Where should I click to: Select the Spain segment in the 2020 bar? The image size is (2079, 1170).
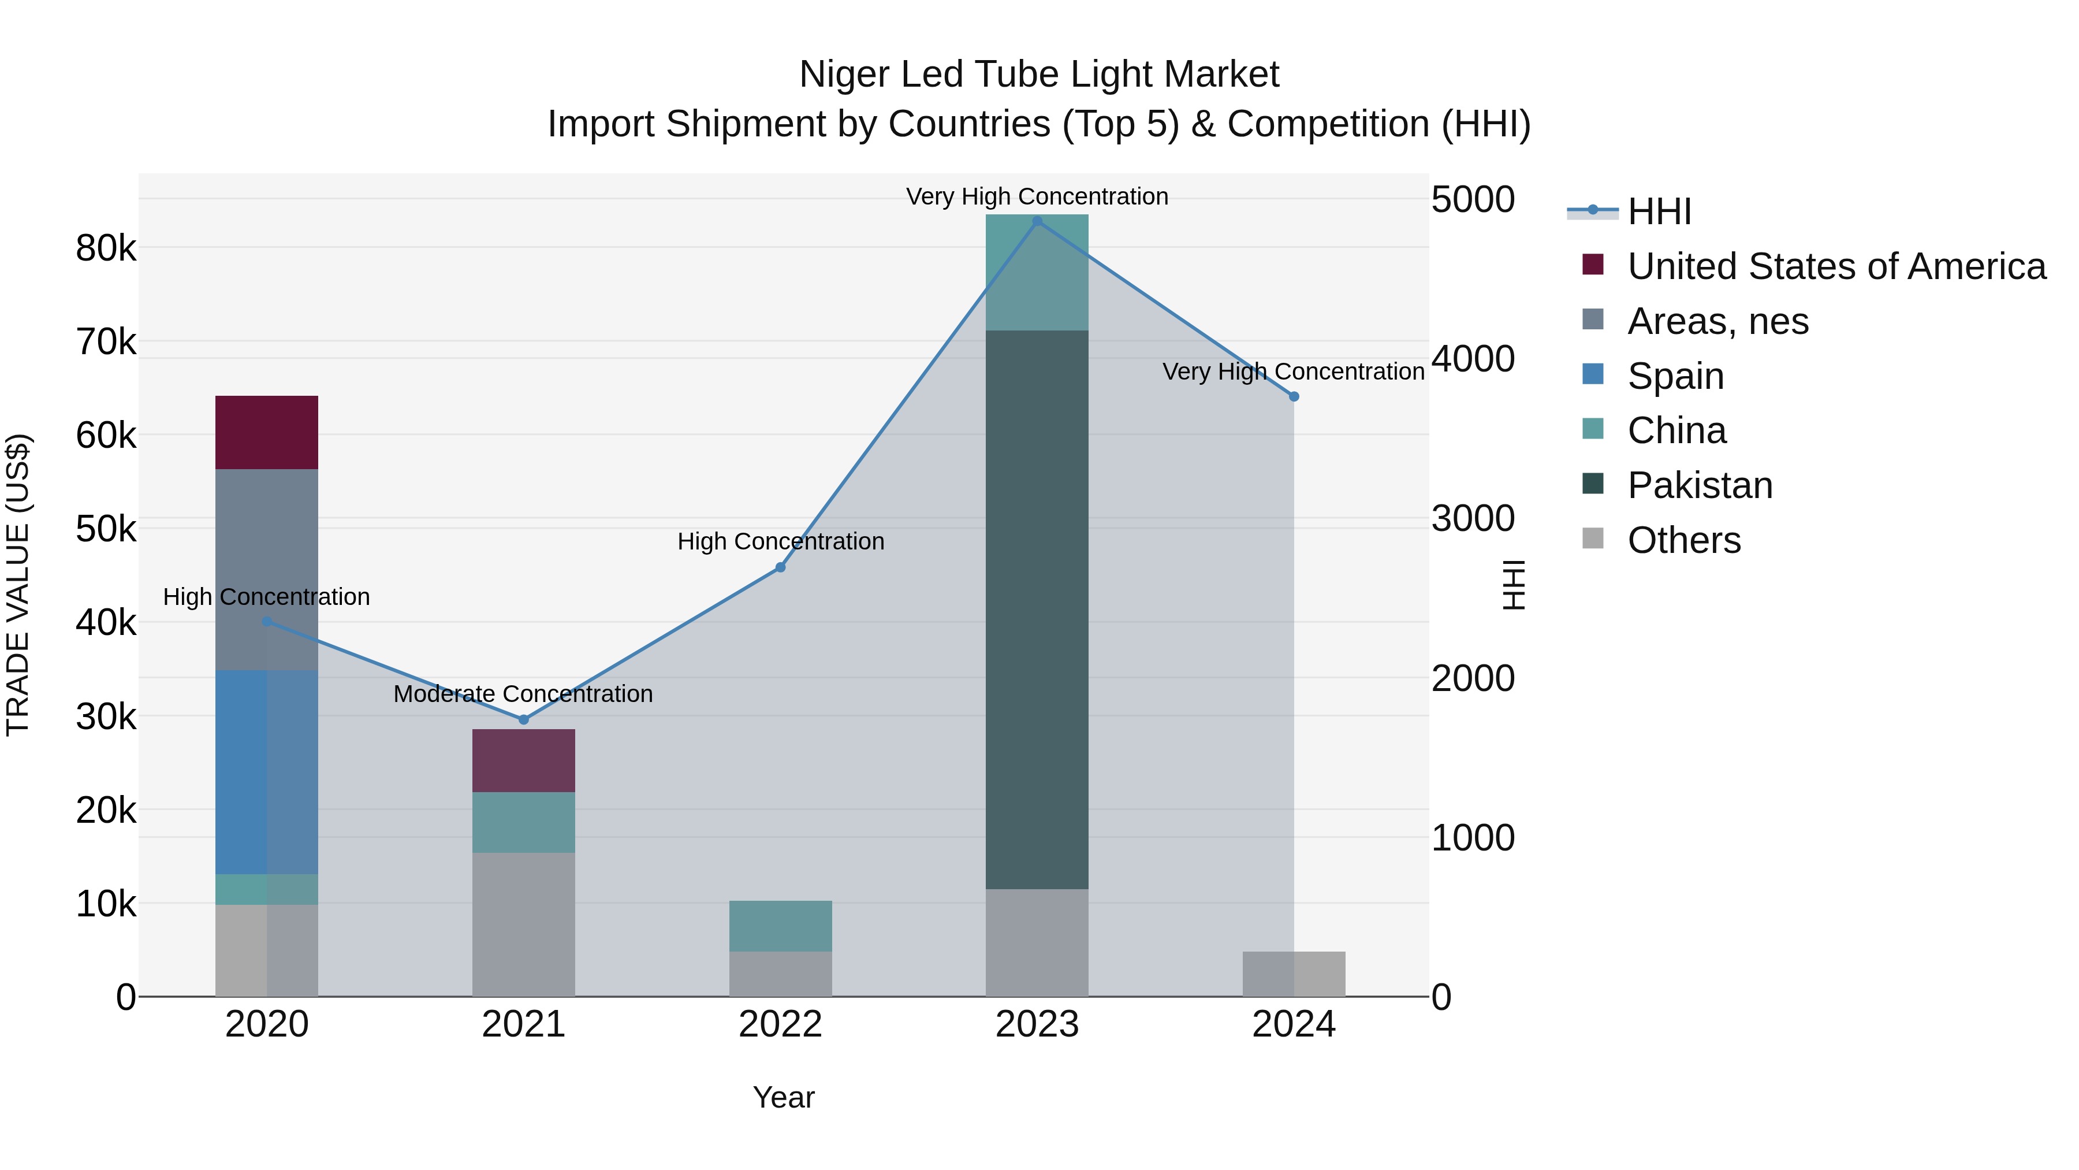click(x=266, y=772)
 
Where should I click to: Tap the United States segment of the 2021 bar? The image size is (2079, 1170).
click(x=523, y=760)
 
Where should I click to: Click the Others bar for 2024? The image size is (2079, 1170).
click(x=1294, y=974)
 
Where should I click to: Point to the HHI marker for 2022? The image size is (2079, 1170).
click(x=780, y=567)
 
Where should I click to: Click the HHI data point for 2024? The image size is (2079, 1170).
click(x=1294, y=396)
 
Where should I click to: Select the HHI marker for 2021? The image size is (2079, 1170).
click(x=523, y=719)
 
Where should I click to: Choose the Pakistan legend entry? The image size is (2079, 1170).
click(x=1699, y=485)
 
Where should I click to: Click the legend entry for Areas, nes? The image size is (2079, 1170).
click(x=1717, y=321)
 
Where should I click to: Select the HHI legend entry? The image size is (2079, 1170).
click(x=1659, y=211)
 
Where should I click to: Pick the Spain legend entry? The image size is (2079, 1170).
click(x=1675, y=376)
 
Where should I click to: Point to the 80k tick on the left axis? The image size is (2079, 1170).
click(x=106, y=248)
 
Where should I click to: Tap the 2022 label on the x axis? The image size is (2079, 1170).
click(x=780, y=1024)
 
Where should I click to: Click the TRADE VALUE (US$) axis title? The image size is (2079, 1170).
click(x=18, y=585)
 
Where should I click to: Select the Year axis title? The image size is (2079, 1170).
click(x=783, y=1097)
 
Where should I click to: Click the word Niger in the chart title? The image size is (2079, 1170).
click(x=843, y=75)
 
